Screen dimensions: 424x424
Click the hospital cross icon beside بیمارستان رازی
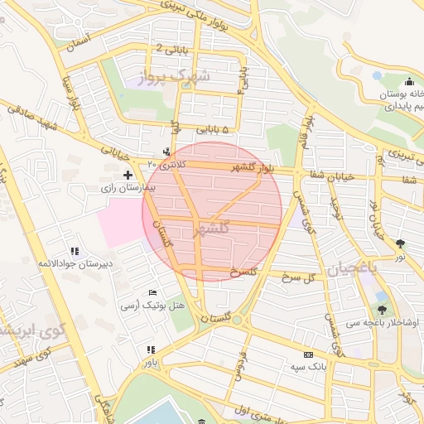128,175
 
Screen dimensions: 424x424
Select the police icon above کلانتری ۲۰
167,152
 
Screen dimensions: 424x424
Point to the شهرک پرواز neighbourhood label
176,76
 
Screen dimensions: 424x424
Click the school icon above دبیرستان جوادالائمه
75,250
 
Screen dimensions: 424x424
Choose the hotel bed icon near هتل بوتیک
152,292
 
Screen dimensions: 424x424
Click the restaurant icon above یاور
150,350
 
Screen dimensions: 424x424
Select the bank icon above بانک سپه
309,354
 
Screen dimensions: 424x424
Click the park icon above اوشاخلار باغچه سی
382,310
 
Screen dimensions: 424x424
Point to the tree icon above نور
401,243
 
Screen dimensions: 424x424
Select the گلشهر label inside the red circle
210,233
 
